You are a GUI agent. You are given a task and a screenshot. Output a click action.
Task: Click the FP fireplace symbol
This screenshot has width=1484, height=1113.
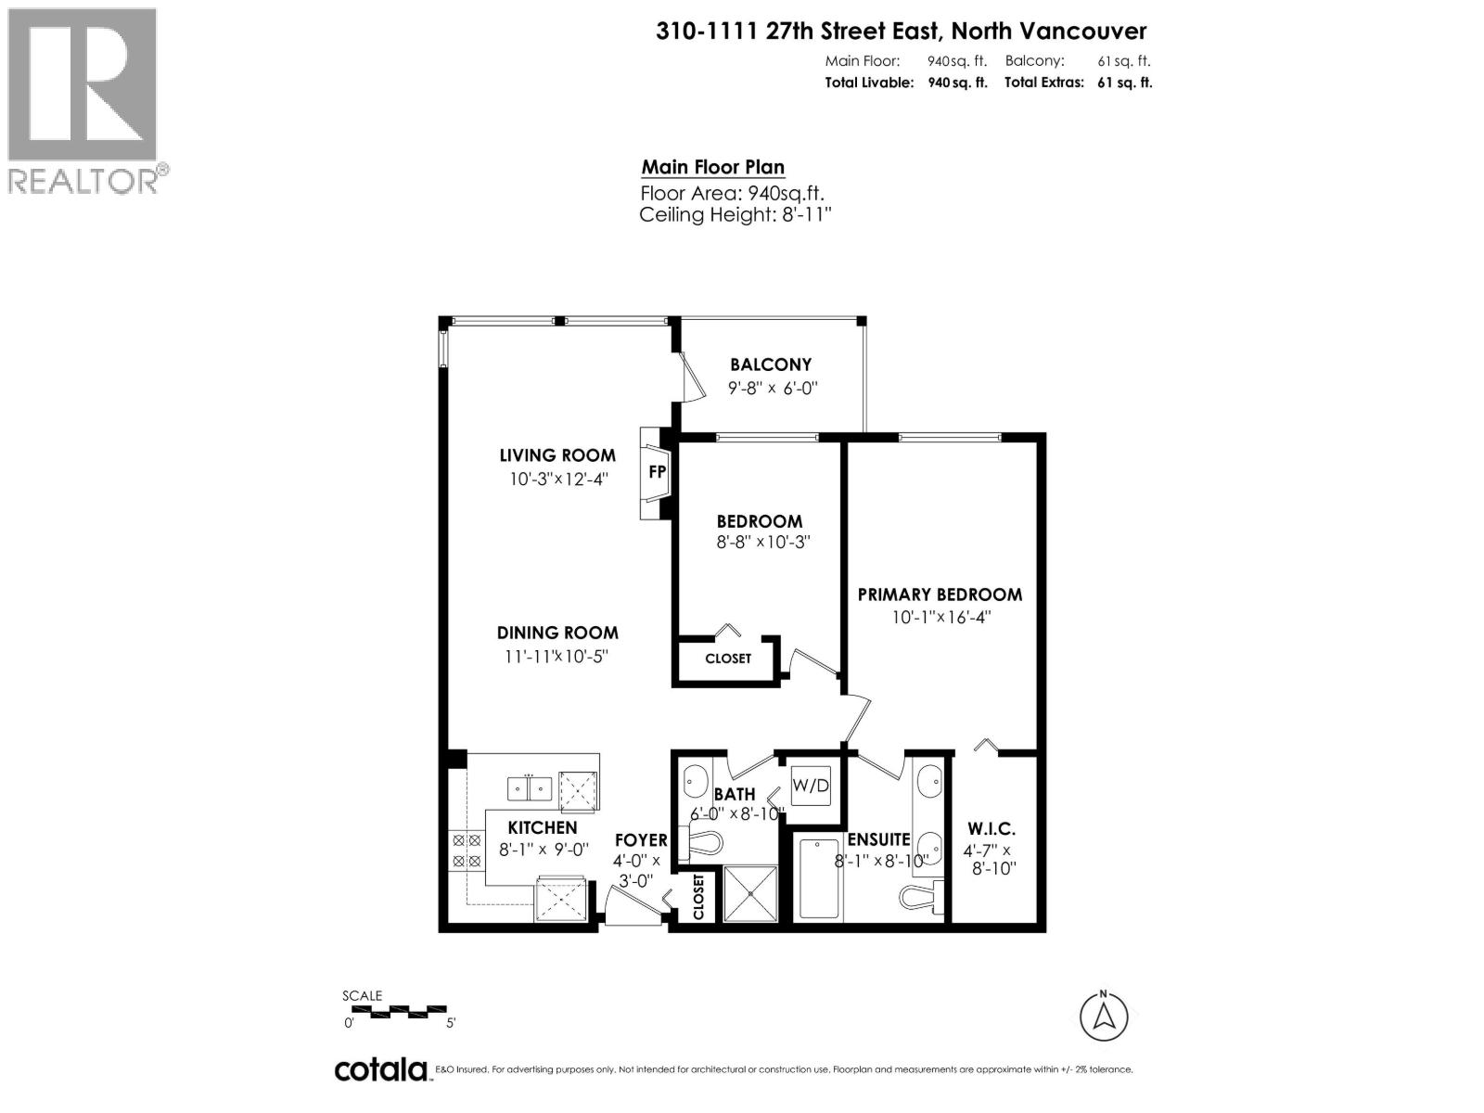(657, 471)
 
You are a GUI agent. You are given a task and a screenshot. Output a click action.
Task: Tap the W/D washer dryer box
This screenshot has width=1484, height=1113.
(810, 786)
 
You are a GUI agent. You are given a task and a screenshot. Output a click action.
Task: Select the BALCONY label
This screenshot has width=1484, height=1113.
(770, 365)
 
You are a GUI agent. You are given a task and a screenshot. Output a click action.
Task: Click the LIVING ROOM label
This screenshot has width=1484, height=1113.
(556, 455)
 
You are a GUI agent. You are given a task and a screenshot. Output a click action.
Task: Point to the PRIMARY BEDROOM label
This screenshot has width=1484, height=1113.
(940, 595)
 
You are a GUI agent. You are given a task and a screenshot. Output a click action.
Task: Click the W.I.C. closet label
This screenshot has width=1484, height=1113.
(991, 828)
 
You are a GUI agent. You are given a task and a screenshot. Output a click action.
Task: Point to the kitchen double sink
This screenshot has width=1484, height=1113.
(530, 788)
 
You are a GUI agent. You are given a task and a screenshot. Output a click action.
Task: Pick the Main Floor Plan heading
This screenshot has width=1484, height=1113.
(712, 168)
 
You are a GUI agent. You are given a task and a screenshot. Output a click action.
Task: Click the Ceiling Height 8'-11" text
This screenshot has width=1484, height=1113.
(735, 215)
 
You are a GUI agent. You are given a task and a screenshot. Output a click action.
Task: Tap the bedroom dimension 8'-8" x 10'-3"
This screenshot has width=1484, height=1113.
(763, 542)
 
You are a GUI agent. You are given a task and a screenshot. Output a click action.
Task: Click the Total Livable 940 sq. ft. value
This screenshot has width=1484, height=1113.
(957, 83)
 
